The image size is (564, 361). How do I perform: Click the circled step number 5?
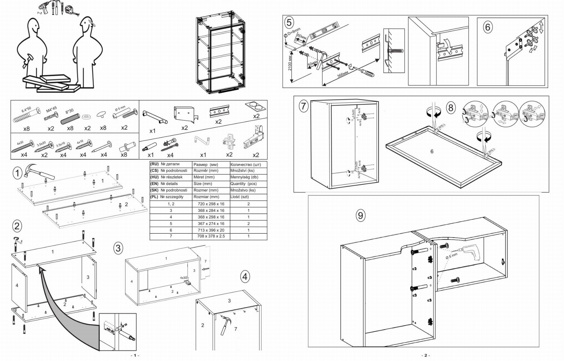click(289, 22)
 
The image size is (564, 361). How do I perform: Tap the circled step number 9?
click(360, 215)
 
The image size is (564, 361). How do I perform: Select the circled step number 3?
click(118, 248)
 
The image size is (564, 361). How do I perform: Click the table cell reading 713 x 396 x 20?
click(211, 230)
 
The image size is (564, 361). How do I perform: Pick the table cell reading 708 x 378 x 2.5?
click(211, 236)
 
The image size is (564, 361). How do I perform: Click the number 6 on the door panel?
click(432, 151)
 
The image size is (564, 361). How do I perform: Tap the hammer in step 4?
click(226, 325)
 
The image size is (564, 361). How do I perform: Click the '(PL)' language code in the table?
click(154, 197)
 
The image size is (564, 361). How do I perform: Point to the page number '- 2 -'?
click(425, 355)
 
